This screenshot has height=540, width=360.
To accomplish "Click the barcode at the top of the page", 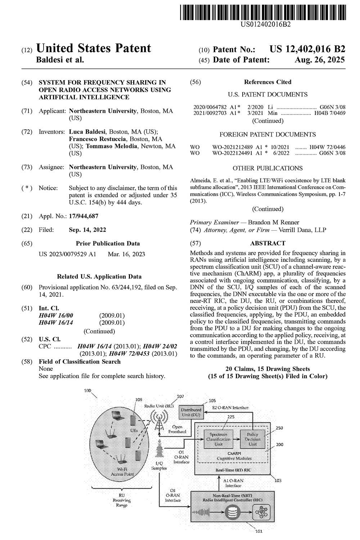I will tap(263, 11).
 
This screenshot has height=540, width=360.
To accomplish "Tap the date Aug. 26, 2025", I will tap(320, 60).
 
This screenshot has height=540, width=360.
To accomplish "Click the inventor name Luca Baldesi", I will tap(88, 132).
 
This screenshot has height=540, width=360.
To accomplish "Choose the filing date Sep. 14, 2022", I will tap(87, 230).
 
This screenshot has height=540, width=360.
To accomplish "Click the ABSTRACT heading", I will tap(267, 243).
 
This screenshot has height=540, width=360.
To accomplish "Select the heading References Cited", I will tap(267, 82).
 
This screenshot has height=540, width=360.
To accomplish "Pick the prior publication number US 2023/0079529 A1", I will tap(67, 254).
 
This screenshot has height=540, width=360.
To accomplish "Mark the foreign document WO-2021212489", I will tap(233, 147).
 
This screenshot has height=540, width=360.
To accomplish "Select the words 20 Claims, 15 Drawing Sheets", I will tap(267, 369).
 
